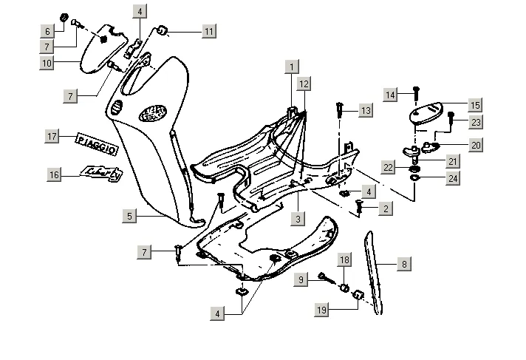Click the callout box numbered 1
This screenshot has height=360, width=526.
click(x=293, y=67)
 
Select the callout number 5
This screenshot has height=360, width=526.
click(x=129, y=216)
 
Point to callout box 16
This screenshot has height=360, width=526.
click(x=54, y=174)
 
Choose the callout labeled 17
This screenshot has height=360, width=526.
click(x=52, y=137)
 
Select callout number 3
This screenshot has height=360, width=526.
click(x=298, y=218)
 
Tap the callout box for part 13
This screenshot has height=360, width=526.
click(x=366, y=110)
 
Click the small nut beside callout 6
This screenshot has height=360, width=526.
click(x=64, y=17)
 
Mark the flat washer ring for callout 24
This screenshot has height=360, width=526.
click(x=415, y=177)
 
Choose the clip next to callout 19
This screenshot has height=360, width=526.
click(x=357, y=296)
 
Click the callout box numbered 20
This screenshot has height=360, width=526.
click(x=475, y=145)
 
